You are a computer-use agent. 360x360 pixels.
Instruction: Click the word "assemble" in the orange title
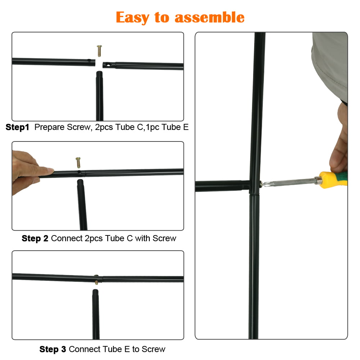click(x=210, y=17)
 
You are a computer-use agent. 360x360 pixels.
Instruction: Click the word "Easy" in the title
click(x=132, y=18)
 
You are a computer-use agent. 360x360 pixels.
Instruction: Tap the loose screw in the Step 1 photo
click(x=99, y=51)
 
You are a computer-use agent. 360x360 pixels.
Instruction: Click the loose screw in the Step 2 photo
click(x=78, y=163)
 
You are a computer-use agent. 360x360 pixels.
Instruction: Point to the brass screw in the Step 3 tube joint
click(x=96, y=279)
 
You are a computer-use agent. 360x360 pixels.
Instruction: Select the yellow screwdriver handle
click(x=333, y=180)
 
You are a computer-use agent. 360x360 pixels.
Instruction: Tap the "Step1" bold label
click(x=17, y=127)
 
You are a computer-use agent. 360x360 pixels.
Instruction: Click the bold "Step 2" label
click(x=35, y=238)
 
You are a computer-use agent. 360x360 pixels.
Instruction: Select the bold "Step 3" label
click(x=53, y=349)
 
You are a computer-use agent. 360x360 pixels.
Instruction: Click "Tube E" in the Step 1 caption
click(x=175, y=127)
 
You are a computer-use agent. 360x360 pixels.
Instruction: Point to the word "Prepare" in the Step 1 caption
click(x=49, y=127)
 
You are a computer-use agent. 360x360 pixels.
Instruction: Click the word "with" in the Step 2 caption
click(x=143, y=238)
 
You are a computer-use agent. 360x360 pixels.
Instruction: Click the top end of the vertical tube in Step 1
click(x=99, y=73)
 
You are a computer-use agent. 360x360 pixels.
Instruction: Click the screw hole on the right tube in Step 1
click(x=108, y=65)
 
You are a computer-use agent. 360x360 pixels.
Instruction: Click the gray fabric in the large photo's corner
click(x=332, y=64)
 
